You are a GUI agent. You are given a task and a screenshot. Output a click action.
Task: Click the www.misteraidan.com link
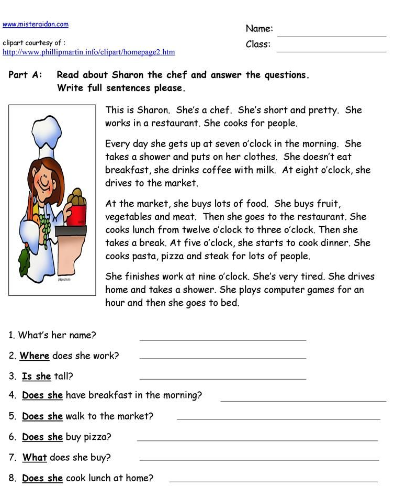coord(36,24)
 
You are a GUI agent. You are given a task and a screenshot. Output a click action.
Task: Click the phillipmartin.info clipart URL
coord(88,52)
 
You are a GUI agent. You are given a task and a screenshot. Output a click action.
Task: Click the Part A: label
coord(25,75)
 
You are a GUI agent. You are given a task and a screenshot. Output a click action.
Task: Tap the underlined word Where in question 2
coord(35,356)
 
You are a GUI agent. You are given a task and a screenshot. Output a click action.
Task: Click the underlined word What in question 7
coord(35,458)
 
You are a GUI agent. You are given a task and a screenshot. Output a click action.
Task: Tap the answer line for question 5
coord(278,418)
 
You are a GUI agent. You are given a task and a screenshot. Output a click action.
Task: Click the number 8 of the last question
coord(12,478)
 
